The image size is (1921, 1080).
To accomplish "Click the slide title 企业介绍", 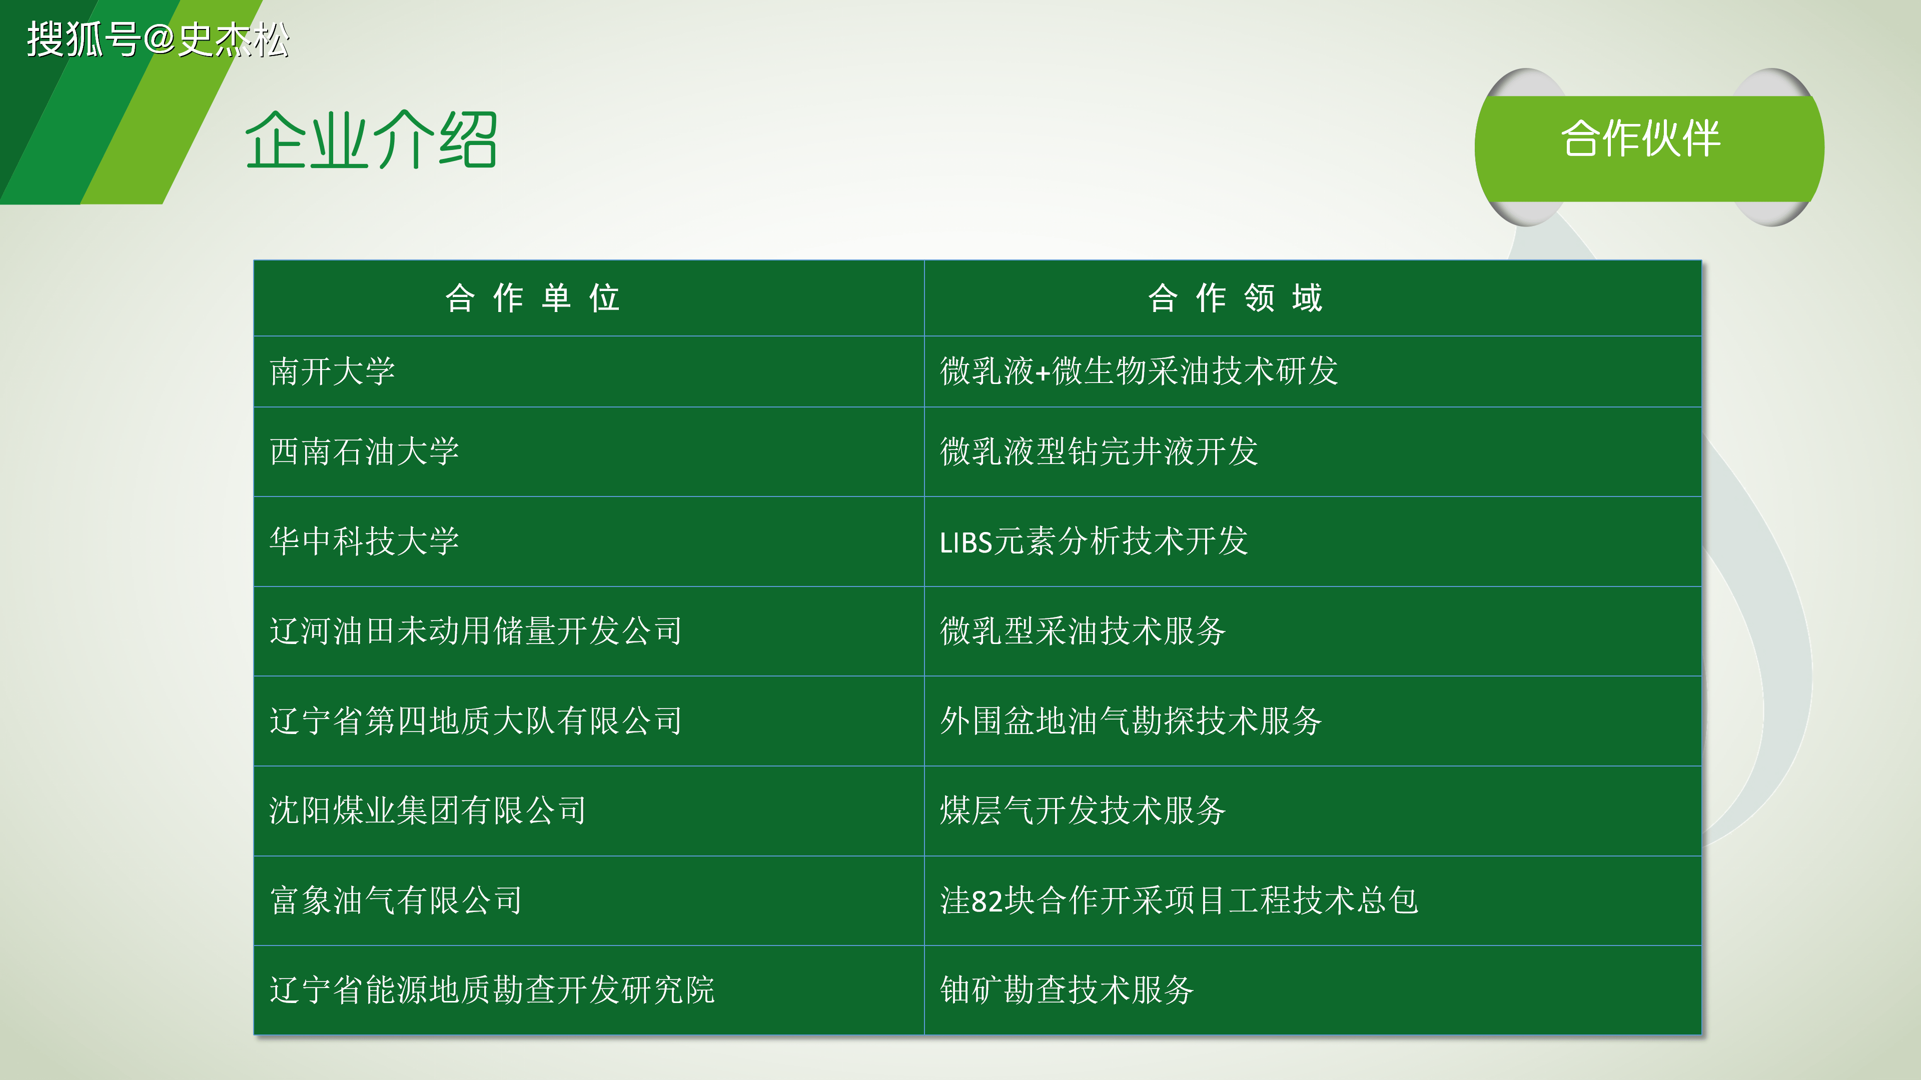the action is tap(371, 140).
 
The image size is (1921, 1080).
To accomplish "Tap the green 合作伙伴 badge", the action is tap(1649, 147).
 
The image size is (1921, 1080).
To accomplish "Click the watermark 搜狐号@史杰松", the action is tap(158, 39).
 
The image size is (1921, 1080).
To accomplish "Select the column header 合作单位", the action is tap(532, 298).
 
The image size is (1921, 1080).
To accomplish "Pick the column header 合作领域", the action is tap(1236, 298).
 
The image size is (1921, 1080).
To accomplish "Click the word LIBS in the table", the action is tap(966, 542).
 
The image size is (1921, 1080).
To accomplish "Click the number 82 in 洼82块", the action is tap(988, 901).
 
